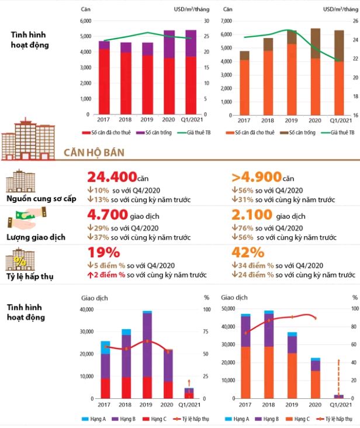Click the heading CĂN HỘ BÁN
94,153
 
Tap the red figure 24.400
112,177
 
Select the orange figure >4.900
257,177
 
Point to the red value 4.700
108,215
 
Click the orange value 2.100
252,215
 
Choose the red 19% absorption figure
103,253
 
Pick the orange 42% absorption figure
248,253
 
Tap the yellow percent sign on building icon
20,261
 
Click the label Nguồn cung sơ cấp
41,199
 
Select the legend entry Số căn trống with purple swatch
154,133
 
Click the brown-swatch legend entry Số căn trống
298,133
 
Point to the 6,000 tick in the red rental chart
86,21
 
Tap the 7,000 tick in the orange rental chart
226,21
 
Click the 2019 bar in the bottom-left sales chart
147,354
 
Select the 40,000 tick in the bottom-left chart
86,309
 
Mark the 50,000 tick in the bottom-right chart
229,309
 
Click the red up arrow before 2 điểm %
90,275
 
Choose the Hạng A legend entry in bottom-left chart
94,419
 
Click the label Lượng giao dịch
36,237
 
